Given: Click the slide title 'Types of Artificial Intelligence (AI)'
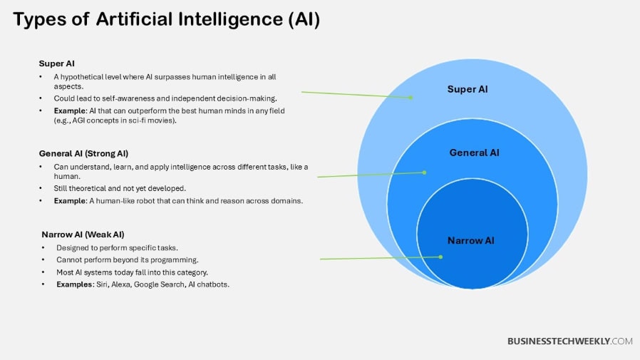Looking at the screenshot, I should pos(166,19).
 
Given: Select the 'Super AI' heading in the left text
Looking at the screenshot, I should pos(57,63).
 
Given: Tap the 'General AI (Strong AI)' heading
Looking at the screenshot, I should pos(83,153).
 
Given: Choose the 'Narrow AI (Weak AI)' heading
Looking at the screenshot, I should pos(83,235).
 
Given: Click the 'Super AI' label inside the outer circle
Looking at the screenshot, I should pos(468,89).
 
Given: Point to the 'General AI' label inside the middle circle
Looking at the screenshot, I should pos(474,153).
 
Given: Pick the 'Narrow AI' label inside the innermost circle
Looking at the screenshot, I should pos(470,240).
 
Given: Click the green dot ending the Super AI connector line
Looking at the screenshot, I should pos(412,97).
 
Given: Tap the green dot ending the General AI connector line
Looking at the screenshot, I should pos(425,172).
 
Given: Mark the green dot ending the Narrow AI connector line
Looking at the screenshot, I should pos(440,257).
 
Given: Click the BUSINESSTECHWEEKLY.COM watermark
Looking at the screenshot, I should pos(569,341).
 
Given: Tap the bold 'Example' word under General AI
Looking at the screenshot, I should pos(70,201).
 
